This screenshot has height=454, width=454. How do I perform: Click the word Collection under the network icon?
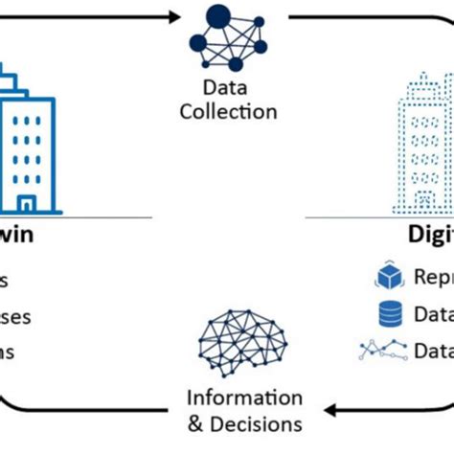pos(227,111)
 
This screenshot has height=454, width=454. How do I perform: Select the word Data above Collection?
pos(227,87)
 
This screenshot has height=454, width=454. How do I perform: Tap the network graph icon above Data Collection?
pos(227,38)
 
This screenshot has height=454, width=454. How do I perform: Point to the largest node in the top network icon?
pos(218,16)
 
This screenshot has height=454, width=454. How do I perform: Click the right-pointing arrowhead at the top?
pos(172,15)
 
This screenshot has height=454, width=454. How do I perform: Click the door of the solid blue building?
pos(27,203)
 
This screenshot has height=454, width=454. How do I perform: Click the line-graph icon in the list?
pos(382,351)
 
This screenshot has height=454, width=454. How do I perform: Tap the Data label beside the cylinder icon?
pos(433,313)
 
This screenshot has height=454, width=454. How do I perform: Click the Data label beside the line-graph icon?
pos(433,351)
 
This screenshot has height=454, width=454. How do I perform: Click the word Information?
pos(244,397)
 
